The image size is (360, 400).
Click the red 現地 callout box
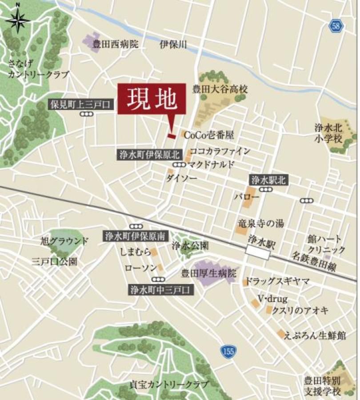151,100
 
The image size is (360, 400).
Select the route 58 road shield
336,26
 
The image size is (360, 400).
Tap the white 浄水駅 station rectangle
258,253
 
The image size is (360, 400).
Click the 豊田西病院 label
116,44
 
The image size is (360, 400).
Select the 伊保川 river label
173,44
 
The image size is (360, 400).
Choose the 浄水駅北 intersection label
268,180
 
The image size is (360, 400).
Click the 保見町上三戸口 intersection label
81,105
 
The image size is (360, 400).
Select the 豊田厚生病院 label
209,272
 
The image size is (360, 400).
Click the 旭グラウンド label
64,241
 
